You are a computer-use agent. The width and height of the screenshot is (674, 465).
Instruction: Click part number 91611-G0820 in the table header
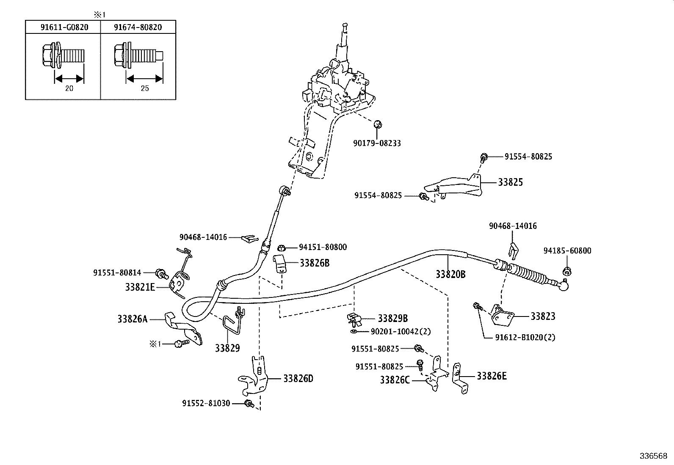click(64, 28)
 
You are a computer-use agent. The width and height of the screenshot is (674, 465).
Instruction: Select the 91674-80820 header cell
click(138, 28)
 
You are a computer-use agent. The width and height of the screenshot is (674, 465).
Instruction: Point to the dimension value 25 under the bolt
click(144, 88)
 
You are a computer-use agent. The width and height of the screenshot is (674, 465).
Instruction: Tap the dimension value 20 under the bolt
click(69, 88)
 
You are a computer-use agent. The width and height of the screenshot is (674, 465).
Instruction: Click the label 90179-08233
click(377, 143)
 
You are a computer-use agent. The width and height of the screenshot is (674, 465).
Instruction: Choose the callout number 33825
click(510, 182)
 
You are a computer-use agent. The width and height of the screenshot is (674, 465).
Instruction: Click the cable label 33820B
click(450, 275)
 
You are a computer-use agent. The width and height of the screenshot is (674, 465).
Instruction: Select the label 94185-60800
click(567, 251)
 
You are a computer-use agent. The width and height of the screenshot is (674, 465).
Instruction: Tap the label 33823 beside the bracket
click(543, 316)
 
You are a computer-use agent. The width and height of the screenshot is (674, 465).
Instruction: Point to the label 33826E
click(492, 376)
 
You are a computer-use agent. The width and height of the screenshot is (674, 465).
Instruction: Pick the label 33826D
click(298, 379)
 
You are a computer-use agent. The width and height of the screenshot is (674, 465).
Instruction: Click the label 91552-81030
click(206, 404)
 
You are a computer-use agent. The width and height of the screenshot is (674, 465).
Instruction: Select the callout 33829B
click(392, 319)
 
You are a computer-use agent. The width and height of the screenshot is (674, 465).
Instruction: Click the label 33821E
click(140, 287)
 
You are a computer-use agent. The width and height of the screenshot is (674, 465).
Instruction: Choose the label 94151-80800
click(323, 247)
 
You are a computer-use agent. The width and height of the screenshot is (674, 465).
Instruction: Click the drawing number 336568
click(653, 457)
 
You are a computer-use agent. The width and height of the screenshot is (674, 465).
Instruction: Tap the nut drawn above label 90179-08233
click(378, 124)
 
